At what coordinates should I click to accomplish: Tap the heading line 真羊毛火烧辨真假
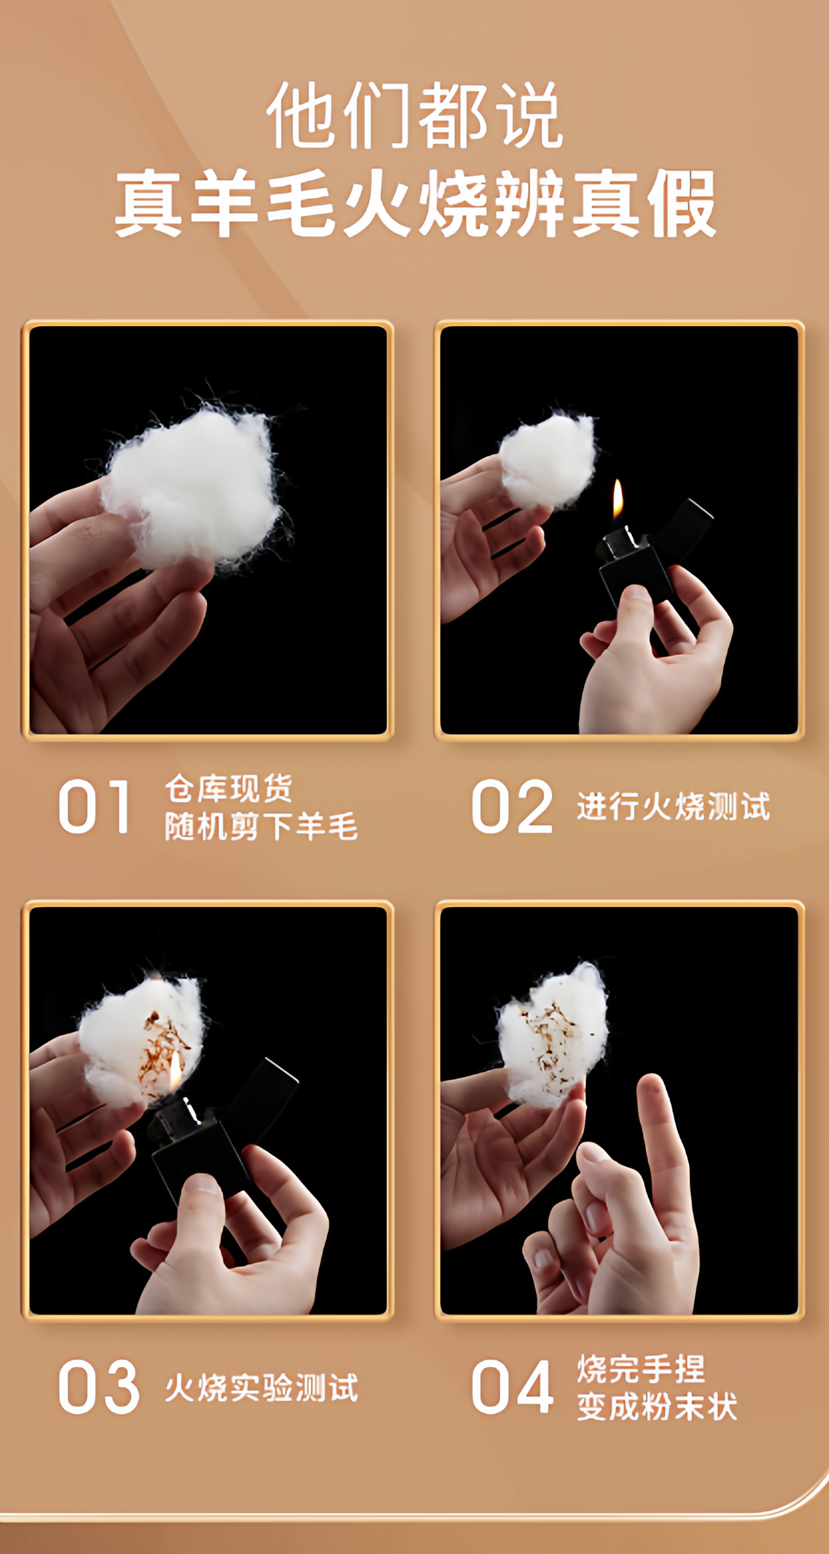[x=415, y=203]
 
